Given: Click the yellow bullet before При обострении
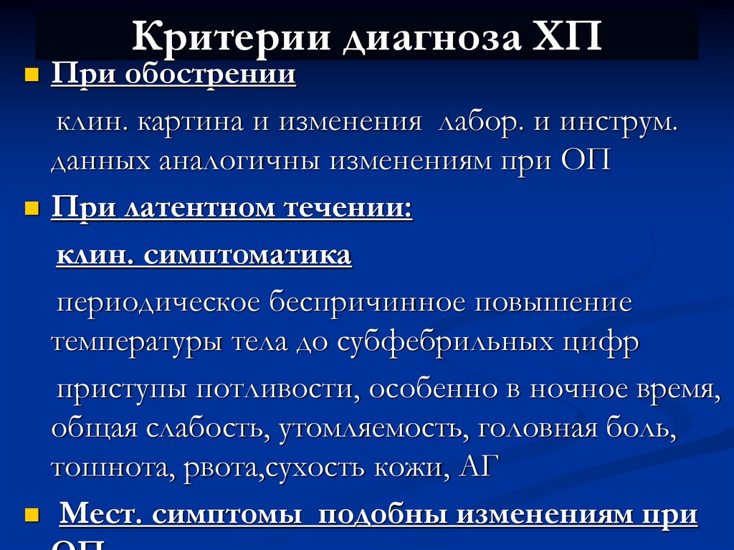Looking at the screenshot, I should point(31,75).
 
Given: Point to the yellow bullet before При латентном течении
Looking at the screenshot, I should point(31,209).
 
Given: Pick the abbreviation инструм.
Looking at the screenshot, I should point(617,121).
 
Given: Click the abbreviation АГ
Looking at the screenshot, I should point(474,468).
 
